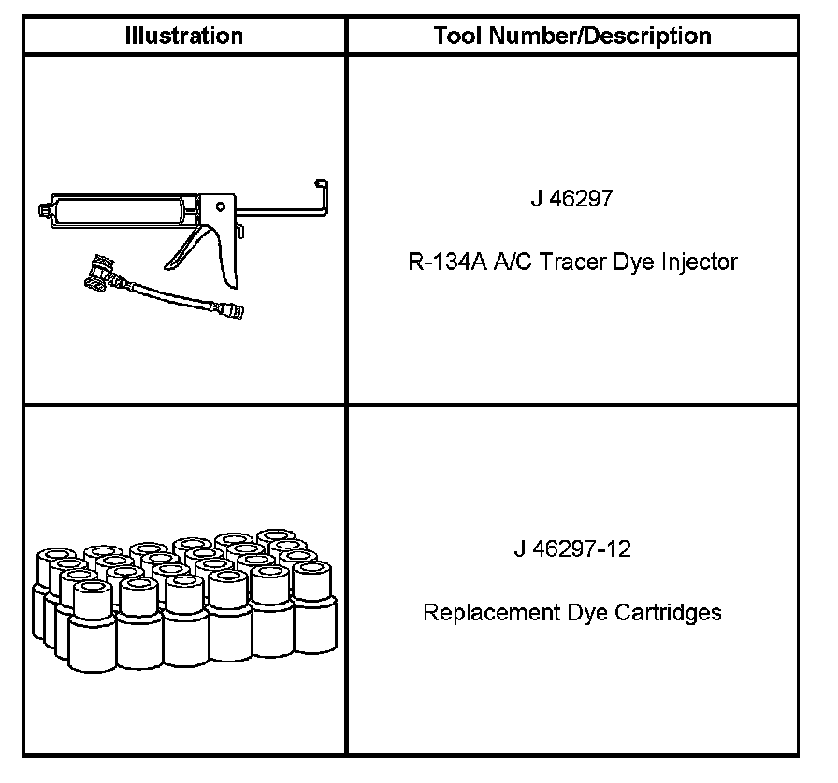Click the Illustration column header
[x=184, y=36]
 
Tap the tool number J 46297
[x=571, y=199]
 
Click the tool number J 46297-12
[x=571, y=548]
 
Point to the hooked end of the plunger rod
[x=322, y=192]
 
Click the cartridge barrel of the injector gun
[x=122, y=209]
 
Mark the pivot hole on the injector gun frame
[x=220, y=206]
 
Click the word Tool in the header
[x=453, y=36]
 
